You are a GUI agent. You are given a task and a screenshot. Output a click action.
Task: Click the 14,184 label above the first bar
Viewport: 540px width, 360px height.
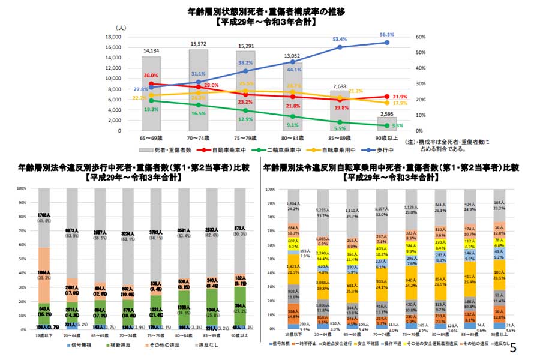[151, 51]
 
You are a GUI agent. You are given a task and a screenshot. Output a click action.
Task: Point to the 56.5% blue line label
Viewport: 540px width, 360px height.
[387, 35]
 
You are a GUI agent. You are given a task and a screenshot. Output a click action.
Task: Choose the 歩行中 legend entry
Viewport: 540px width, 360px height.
[383, 149]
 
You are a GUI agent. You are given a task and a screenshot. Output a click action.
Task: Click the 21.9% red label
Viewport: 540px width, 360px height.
[400, 97]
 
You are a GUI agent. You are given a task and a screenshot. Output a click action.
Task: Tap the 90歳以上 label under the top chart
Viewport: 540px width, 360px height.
[386, 139]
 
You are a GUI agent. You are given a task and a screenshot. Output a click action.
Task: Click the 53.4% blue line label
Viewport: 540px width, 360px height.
[340, 39]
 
